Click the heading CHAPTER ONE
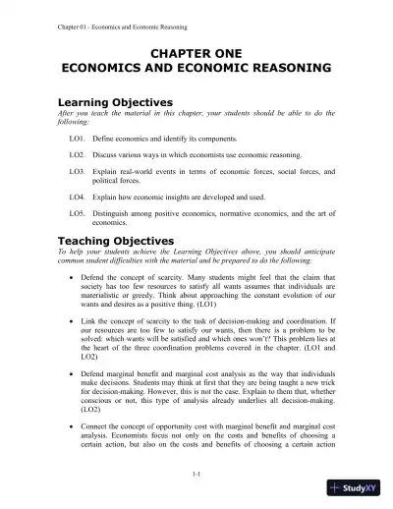click(196, 51)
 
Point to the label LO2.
click(77, 155)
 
